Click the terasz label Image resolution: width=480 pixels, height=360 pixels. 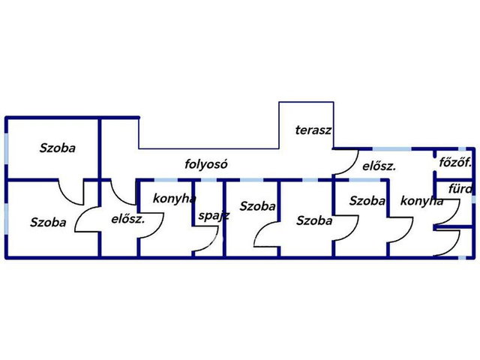click(x=313, y=130)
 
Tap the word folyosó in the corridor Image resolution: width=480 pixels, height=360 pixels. click(x=206, y=164)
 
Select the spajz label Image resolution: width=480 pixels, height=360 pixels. click(x=214, y=216)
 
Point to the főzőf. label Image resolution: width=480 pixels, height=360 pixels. click(x=455, y=162)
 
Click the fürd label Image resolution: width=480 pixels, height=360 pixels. click(x=460, y=189)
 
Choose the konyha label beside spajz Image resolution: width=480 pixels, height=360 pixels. click(x=174, y=199)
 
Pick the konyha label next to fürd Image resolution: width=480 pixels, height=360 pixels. click(x=421, y=201)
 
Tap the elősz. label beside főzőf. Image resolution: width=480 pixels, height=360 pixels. click(x=379, y=166)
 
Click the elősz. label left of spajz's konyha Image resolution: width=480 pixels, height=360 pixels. click(x=127, y=219)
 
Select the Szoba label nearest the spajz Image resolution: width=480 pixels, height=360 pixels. click(x=257, y=206)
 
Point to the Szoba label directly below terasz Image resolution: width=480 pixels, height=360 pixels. click(x=314, y=220)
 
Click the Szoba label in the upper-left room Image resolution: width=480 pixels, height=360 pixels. click(x=58, y=148)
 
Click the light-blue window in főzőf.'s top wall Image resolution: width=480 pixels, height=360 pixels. click(x=462, y=149)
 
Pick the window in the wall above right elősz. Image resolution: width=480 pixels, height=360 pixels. click(x=391, y=149)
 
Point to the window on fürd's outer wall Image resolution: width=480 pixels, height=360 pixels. click(x=473, y=199)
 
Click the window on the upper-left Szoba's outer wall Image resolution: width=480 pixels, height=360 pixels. click(x=7, y=148)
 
